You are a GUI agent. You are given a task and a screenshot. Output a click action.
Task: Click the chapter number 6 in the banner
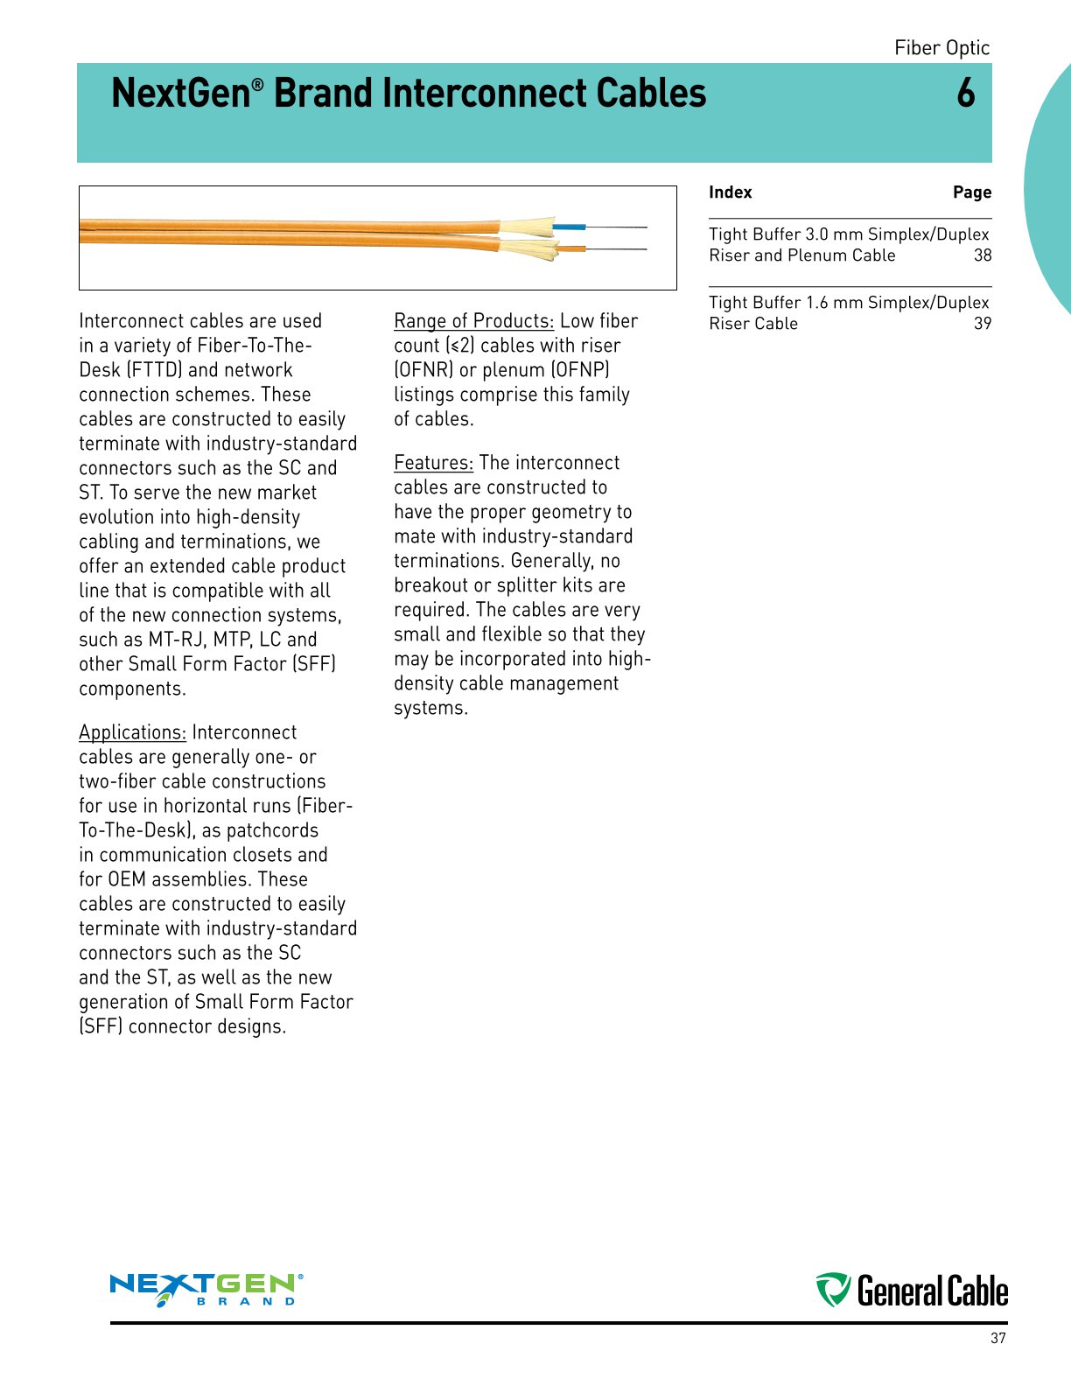click(965, 94)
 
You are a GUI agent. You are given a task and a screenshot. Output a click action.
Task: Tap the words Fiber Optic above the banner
click(941, 48)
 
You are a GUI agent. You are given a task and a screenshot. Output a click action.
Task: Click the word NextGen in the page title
click(181, 94)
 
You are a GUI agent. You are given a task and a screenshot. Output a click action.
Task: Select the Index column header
click(730, 192)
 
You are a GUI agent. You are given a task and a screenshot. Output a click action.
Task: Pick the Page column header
click(971, 192)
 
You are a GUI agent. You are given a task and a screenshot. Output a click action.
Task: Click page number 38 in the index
click(983, 255)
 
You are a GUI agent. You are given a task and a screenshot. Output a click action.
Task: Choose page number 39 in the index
click(983, 324)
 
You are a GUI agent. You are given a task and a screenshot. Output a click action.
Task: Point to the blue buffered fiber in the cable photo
click(569, 227)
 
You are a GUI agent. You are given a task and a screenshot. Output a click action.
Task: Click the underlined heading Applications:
click(132, 732)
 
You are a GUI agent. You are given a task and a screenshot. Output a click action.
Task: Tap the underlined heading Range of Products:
click(473, 321)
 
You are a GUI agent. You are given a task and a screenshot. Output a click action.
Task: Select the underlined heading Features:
click(433, 463)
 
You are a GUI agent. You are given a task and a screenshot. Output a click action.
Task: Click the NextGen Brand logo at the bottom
click(206, 1289)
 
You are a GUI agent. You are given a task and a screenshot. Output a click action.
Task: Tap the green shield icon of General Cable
click(833, 1290)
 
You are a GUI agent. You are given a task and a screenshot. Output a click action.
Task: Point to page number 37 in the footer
click(997, 1338)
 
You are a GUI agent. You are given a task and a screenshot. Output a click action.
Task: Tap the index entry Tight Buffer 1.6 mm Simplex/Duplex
click(848, 303)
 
